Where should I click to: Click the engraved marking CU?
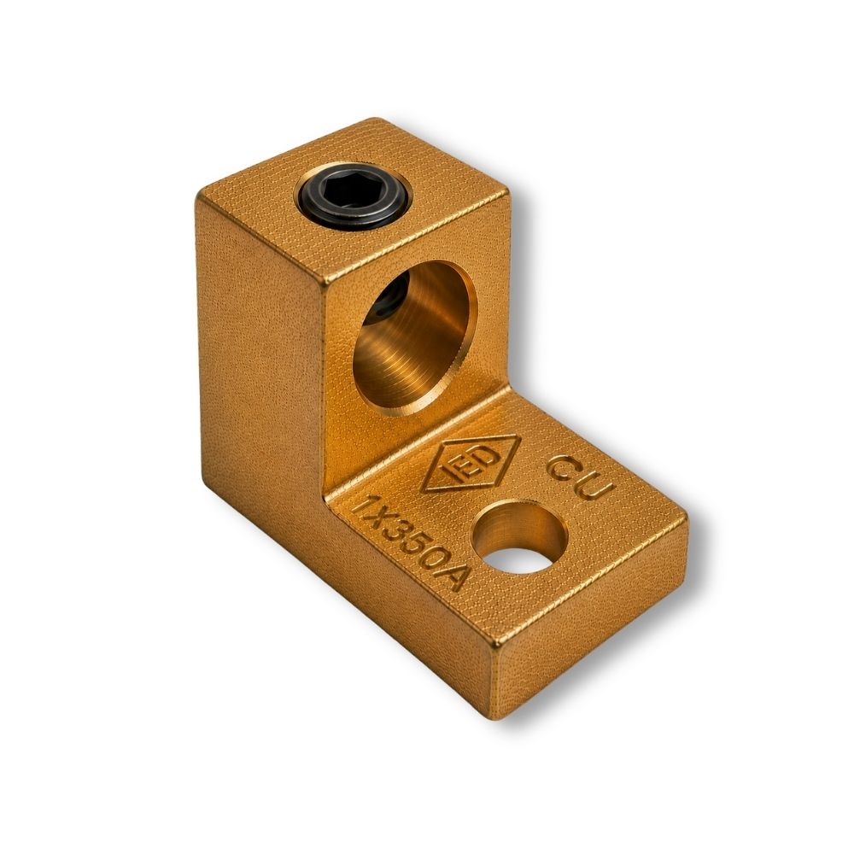(580, 478)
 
